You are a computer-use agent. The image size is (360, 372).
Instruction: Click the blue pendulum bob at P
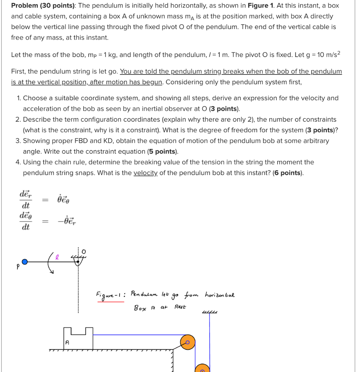(x=24, y=262)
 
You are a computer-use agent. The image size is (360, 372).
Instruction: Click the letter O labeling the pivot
(x=83, y=251)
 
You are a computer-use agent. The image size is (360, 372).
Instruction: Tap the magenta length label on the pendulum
(x=57, y=256)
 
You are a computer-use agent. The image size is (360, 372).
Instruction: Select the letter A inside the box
(x=67, y=342)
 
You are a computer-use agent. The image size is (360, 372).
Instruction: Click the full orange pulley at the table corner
(x=188, y=342)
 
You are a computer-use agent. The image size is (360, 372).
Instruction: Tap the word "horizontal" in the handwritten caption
(x=220, y=294)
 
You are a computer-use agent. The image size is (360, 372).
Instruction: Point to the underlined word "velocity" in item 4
(x=145, y=173)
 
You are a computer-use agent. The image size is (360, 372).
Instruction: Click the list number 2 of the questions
(x=18, y=120)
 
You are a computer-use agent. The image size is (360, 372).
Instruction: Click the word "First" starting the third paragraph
(x=19, y=71)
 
